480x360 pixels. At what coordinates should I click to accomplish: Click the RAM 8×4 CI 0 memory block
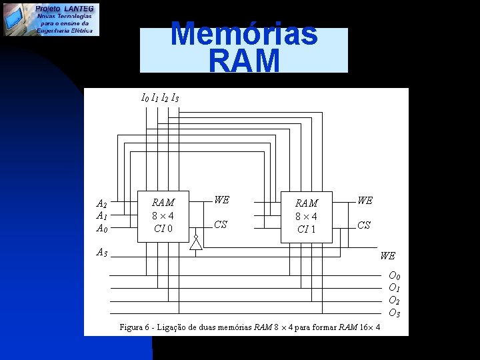(x=163, y=215)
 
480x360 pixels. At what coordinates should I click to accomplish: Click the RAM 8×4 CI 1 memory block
(x=306, y=216)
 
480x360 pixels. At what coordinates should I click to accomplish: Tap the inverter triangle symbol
(x=195, y=243)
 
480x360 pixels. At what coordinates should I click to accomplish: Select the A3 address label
(x=101, y=253)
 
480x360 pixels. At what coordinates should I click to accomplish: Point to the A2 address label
(x=101, y=204)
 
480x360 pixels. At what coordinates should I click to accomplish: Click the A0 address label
(x=101, y=229)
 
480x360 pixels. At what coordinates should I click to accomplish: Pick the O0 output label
(x=395, y=276)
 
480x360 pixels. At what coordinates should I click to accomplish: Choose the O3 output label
(x=395, y=313)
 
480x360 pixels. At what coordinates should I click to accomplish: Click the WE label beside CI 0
(x=221, y=200)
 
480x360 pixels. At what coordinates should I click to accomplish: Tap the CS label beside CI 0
(x=221, y=225)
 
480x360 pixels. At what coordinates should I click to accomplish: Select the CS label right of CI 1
(x=364, y=225)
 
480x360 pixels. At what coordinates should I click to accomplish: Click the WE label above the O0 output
(x=387, y=256)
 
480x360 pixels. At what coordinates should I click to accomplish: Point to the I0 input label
(x=145, y=98)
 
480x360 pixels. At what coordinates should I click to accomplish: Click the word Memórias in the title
(x=244, y=34)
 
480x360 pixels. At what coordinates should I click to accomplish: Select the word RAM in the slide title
(x=244, y=61)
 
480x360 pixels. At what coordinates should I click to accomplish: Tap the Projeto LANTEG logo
(x=51, y=19)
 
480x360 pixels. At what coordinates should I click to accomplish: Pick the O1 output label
(x=395, y=288)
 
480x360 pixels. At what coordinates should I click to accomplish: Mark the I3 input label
(x=175, y=98)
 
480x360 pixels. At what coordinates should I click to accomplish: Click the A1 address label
(x=101, y=216)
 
